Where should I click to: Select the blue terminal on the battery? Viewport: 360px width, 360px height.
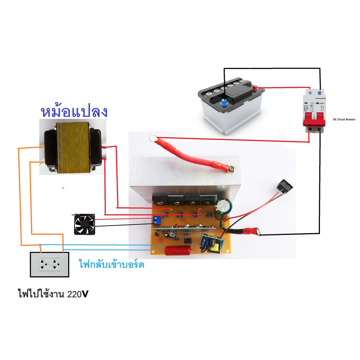(223, 103)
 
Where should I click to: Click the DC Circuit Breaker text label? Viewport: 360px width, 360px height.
(344, 120)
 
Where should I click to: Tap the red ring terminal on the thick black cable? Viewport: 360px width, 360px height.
(252, 231)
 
